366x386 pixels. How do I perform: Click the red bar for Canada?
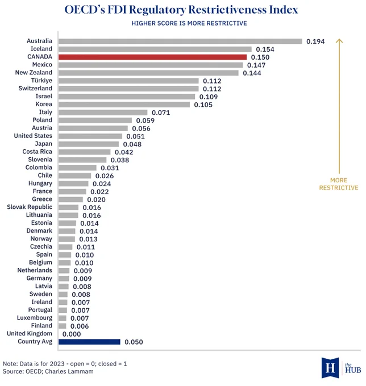click(x=152, y=57)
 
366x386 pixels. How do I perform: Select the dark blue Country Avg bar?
click(x=89, y=342)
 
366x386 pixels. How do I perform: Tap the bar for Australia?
click(x=180, y=41)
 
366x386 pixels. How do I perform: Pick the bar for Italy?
click(x=103, y=112)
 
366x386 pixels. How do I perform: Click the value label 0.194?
click(x=315, y=41)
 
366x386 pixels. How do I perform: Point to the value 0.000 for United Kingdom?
click(x=72, y=334)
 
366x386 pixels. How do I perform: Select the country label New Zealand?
click(x=34, y=73)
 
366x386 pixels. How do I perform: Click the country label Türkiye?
click(x=41, y=80)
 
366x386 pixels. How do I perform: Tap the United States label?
click(x=33, y=136)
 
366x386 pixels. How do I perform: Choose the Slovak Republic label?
click(x=30, y=207)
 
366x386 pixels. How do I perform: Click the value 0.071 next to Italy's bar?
click(x=161, y=112)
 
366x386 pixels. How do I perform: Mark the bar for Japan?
click(x=89, y=144)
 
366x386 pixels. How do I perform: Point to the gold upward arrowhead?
click(x=339, y=40)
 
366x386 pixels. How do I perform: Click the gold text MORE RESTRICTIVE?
click(x=339, y=184)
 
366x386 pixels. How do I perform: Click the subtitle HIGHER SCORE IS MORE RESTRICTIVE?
click(x=189, y=23)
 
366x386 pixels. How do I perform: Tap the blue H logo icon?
click(x=330, y=368)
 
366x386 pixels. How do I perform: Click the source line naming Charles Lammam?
click(x=48, y=371)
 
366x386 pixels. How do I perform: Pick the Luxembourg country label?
click(x=35, y=318)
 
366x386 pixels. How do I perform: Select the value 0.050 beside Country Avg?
click(x=134, y=342)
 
